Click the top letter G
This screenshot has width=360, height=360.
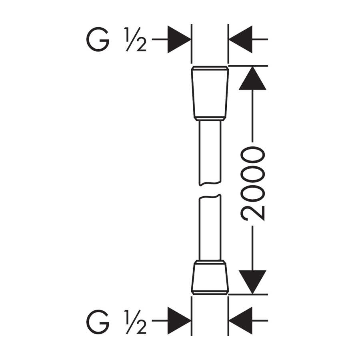click(x=98, y=39)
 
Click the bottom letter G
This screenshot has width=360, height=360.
click(x=98, y=322)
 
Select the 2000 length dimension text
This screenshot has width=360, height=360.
click(x=252, y=184)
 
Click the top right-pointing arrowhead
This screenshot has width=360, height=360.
click(x=179, y=39)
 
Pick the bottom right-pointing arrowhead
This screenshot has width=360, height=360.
click(x=179, y=320)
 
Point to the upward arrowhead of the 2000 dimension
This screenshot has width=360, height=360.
click(x=252, y=78)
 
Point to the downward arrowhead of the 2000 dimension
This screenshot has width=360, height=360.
click(x=252, y=282)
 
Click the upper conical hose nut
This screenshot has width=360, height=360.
click(x=210, y=93)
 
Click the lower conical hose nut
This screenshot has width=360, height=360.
click(x=210, y=277)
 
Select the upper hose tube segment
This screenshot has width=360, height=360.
click(x=210, y=153)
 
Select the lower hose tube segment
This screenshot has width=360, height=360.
click(x=210, y=227)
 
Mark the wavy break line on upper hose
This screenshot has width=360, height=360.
click(x=210, y=183)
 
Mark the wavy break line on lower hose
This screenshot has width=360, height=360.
click(x=210, y=196)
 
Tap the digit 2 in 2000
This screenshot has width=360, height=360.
click(x=252, y=213)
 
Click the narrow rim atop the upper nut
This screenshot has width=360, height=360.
click(x=210, y=68)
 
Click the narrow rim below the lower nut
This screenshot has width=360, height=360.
click(x=210, y=292)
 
